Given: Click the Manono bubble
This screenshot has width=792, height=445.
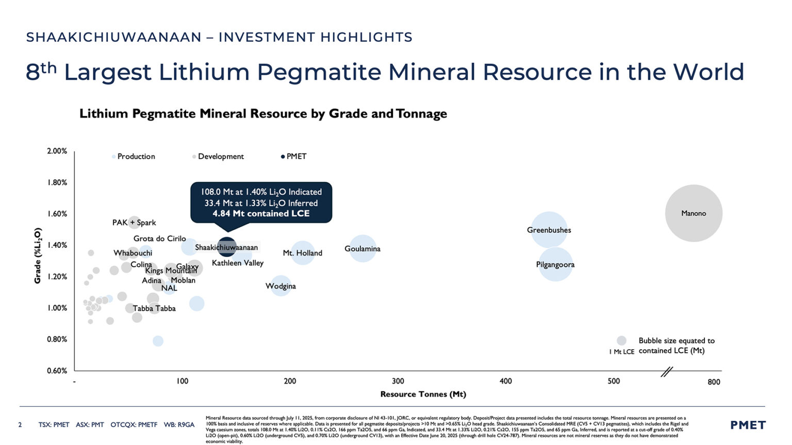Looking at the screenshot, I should [693, 213].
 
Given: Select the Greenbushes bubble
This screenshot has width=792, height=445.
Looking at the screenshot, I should [549, 230].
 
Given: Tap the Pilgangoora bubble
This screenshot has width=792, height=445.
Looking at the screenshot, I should [555, 264].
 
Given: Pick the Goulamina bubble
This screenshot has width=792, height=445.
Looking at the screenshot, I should [362, 248].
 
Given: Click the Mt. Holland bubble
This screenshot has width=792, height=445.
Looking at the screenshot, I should [303, 252].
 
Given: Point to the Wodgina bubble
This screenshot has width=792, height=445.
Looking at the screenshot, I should [280, 286].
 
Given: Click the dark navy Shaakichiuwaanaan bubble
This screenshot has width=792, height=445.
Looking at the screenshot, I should [226, 247].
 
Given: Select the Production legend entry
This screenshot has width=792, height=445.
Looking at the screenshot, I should [135, 157].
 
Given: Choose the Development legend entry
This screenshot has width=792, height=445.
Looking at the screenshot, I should [220, 157].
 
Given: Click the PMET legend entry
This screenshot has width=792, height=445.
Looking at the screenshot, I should [295, 157].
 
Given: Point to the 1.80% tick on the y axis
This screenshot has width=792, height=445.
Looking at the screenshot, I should [57, 182].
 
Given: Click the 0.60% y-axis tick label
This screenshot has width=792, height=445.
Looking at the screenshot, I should [57, 371].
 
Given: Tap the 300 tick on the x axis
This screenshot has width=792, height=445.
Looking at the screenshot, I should [398, 382].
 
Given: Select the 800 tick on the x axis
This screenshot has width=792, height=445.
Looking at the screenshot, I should [714, 382].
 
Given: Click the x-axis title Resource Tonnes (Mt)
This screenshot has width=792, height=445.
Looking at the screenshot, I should [423, 395].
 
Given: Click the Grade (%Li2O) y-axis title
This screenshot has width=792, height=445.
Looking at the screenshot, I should [38, 255].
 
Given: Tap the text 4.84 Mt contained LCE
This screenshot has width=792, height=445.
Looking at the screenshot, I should [261, 214].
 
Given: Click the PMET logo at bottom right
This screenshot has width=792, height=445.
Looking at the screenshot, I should [748, 425].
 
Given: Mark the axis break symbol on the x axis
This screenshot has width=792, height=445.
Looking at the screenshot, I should [667, 371].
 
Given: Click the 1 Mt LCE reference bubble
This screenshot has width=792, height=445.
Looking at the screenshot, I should [621, 340].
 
